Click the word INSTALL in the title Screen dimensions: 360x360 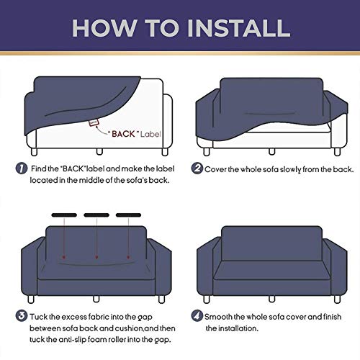pos(239,28)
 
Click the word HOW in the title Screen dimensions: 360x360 pos(105,28)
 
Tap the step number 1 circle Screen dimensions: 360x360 pos(22,168)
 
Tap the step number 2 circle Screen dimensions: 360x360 pos(197,168)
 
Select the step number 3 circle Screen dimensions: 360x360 pos(22,316)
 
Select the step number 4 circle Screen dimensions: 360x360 pos(197,316)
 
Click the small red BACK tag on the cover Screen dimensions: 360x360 pos(94,122)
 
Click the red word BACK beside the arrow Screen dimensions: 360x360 pos(123,134)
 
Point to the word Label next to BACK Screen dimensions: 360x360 pos(150,134)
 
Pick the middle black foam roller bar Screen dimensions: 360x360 pos(96,215)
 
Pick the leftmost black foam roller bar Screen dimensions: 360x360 pos(64,215)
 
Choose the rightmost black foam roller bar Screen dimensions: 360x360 pos(128,215)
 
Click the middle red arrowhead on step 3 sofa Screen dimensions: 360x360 pos(96,257)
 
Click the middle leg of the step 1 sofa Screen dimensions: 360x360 pos(99,151)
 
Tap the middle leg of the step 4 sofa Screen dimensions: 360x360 pos(272,299)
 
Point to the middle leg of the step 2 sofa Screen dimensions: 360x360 pos(272,151)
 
